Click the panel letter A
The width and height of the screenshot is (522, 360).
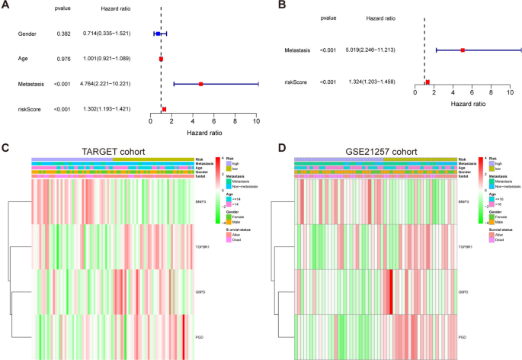(6, 5)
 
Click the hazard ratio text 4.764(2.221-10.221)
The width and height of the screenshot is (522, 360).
(117, 83)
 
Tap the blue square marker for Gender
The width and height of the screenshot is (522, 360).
(157, 34)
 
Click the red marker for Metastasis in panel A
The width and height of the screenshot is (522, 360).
(200, 83)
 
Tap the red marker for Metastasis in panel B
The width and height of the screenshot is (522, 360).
(463, 50)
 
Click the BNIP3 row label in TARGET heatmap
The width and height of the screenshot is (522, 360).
(201, 202)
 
